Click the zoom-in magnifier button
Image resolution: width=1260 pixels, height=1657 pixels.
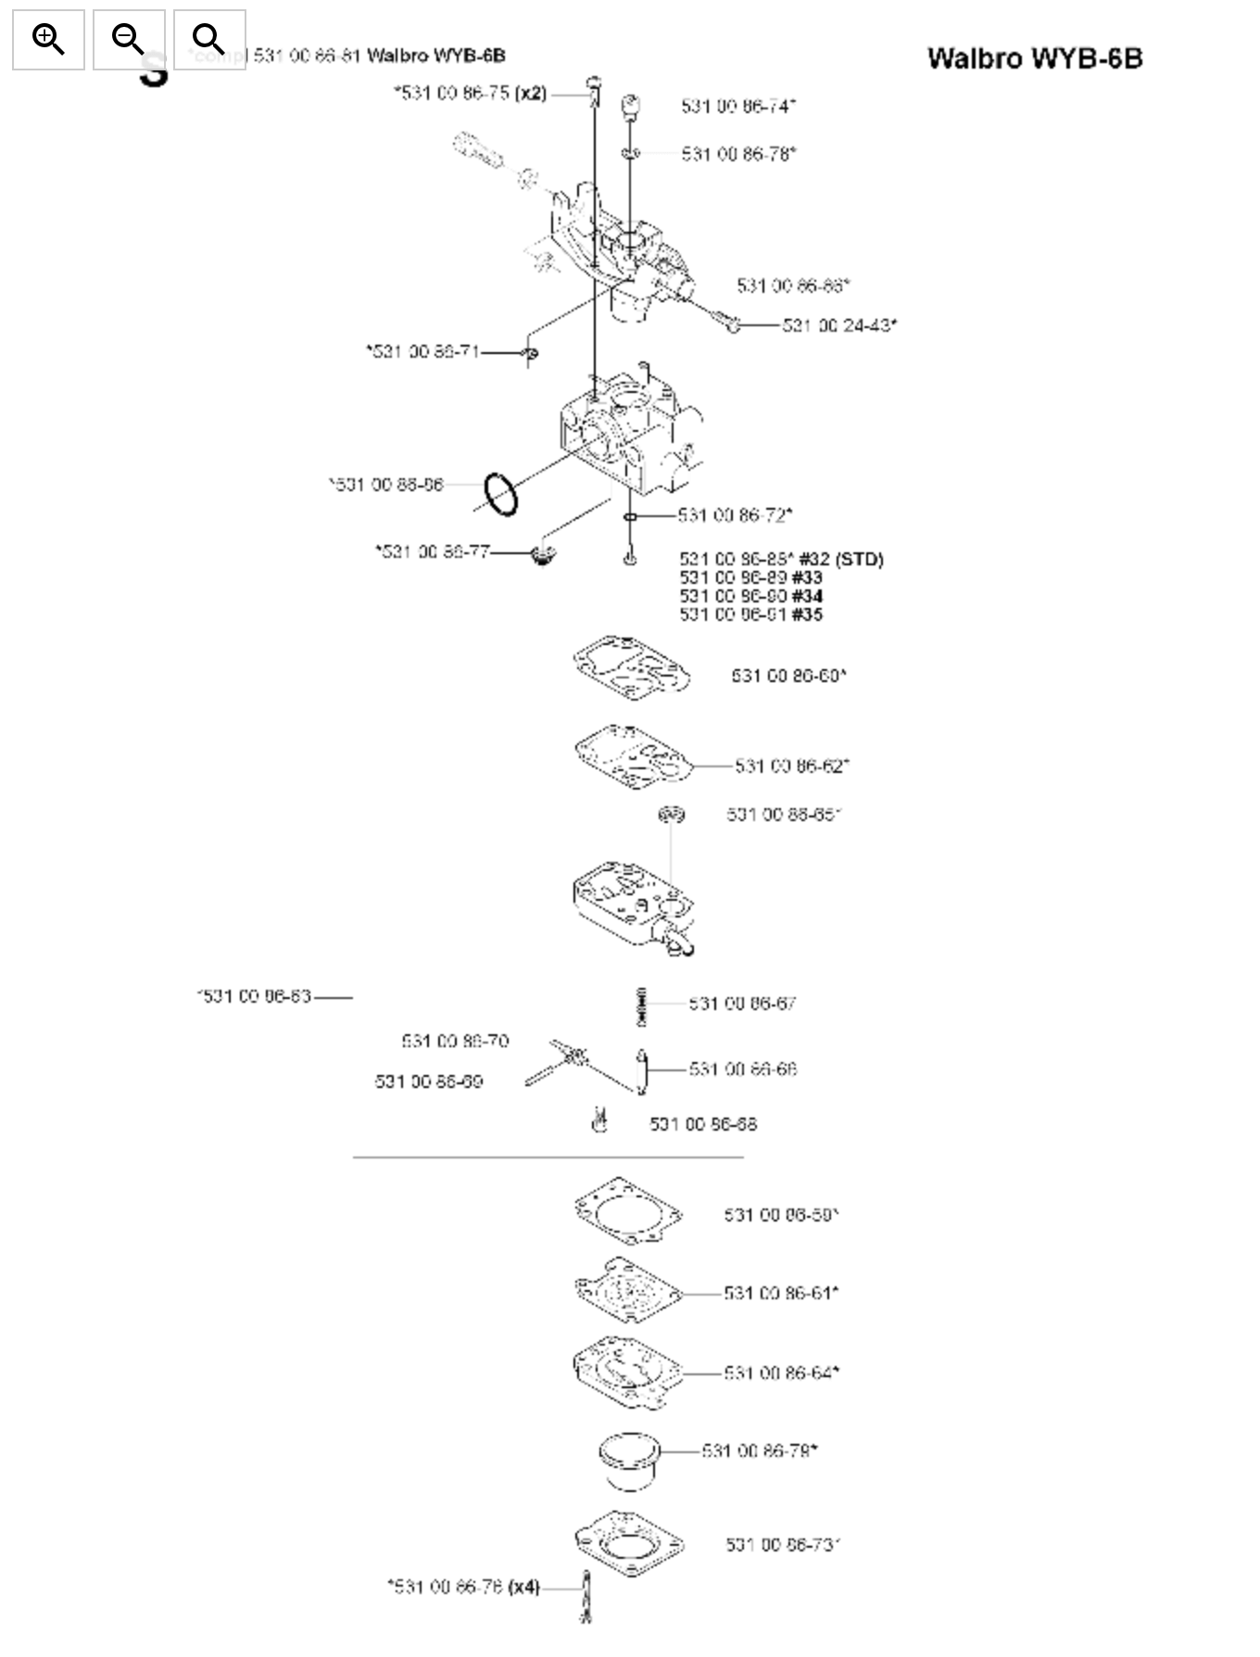48,40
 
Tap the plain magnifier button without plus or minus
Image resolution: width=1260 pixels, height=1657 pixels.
209,40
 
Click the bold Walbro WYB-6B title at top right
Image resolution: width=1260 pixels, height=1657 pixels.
1034,58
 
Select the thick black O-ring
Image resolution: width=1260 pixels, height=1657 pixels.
500,493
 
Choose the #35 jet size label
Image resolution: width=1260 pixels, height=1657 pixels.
807,614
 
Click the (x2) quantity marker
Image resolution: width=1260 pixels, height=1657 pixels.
531,93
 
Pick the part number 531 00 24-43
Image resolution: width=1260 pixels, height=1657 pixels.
838,325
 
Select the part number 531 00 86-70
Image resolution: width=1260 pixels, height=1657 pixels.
455,1042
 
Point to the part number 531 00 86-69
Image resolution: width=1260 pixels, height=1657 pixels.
428,1081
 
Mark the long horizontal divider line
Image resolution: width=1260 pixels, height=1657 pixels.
548,1157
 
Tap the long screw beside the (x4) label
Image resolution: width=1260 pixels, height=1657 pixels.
586,1596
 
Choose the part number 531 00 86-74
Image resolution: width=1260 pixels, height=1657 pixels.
737,107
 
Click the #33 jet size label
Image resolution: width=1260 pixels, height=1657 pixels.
807,577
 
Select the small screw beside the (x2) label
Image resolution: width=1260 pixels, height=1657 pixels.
594,91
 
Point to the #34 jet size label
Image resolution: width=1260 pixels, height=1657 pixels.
807,596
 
